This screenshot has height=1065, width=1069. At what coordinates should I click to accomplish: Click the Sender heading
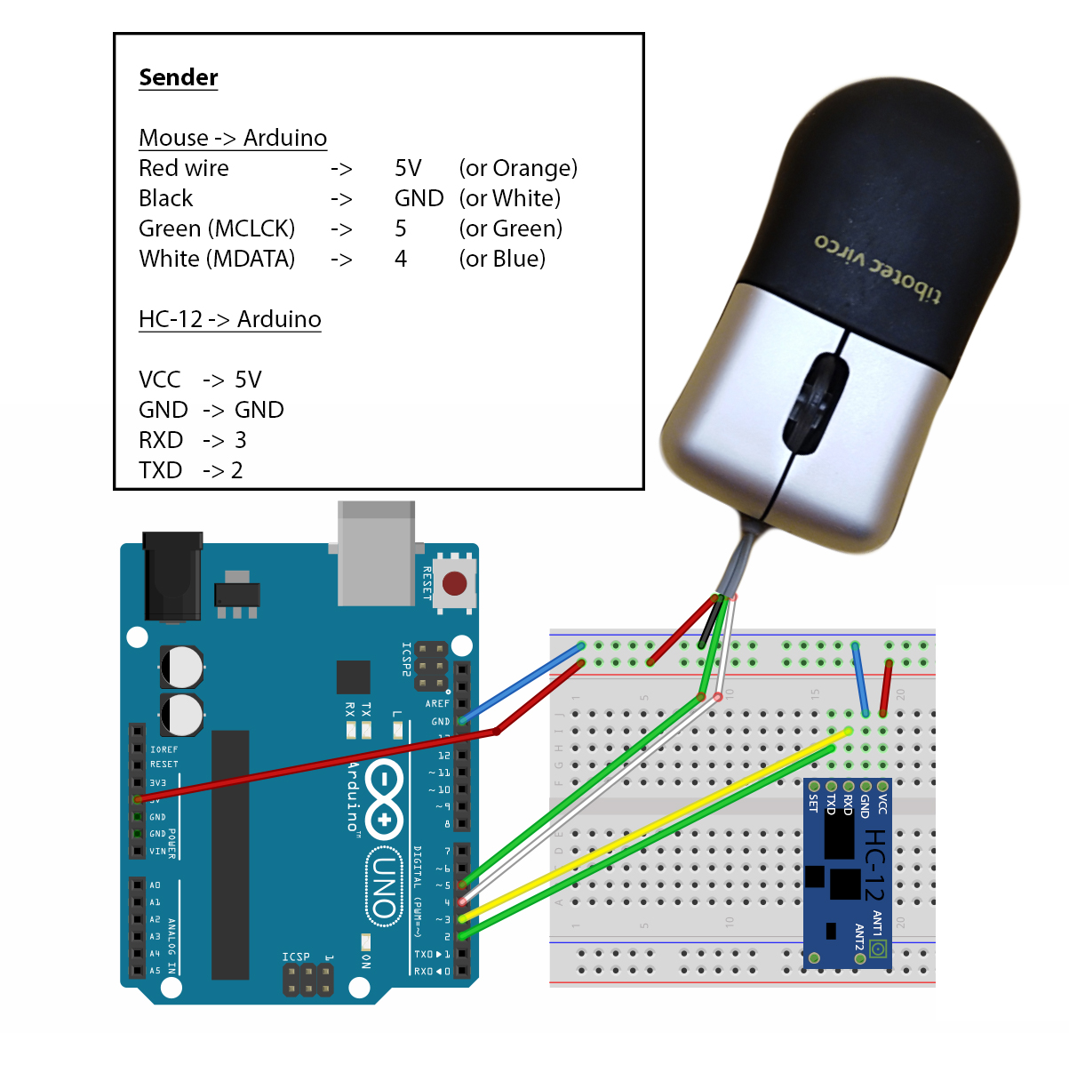click(x=178, y=78)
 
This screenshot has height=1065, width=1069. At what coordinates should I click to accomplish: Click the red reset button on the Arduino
click(x=454, y=584)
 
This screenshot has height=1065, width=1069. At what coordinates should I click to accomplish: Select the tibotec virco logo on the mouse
click(x=877, y=268)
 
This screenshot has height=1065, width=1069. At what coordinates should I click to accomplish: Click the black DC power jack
click(x=172, y=576)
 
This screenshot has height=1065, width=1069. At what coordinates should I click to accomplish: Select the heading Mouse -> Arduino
click(x=233, y=138)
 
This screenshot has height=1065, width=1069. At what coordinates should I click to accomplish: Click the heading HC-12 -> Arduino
click(x=229, y=319)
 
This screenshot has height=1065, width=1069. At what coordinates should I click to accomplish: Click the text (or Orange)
click(x=518, y=168)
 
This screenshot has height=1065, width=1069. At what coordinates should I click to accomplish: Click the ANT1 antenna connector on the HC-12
click(x=878, y=949)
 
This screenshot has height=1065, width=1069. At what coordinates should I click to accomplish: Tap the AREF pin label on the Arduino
click(x=437, y=703)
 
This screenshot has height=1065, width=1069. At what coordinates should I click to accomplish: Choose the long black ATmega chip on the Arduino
click(x=230, y=853)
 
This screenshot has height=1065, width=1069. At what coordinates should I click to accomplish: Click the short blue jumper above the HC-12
click(x=860, y=679)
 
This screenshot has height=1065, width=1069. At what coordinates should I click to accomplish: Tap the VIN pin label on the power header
click(x=157, y=851)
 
